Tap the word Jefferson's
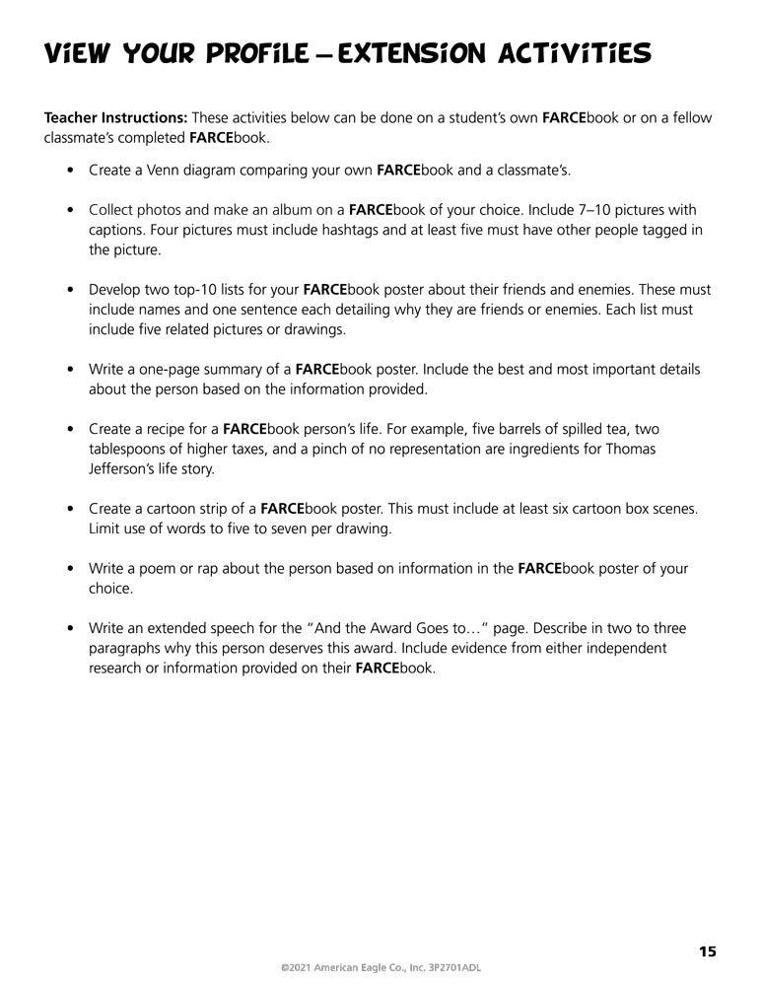pos(123,468)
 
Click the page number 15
pos(708,951)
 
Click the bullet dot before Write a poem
pos(69,569)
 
